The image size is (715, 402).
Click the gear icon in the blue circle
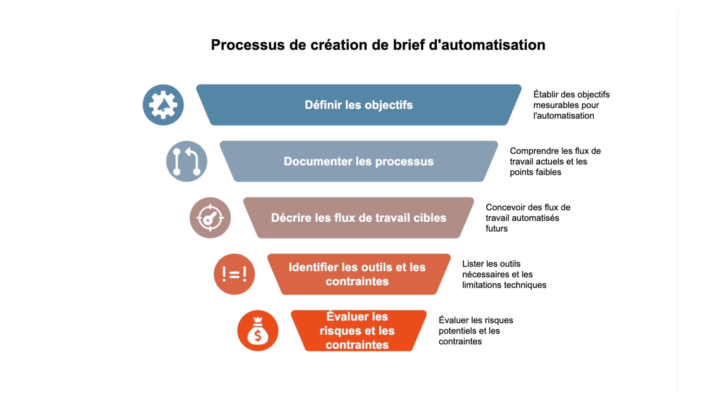point(163,105)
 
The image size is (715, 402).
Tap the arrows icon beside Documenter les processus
point(187,161)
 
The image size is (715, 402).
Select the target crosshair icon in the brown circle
point(210,218)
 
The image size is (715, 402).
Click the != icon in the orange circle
point(234,274)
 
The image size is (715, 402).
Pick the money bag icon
point(258,331)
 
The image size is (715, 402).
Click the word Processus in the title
point(247,45)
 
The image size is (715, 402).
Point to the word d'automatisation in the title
point(487,45)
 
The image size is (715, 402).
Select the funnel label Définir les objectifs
point(359,105)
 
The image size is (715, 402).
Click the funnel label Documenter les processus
point(359,161)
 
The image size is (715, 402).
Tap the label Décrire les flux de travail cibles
point(359,218)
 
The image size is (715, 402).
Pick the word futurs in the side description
point(496,229)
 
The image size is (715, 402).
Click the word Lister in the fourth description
point(473,264)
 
